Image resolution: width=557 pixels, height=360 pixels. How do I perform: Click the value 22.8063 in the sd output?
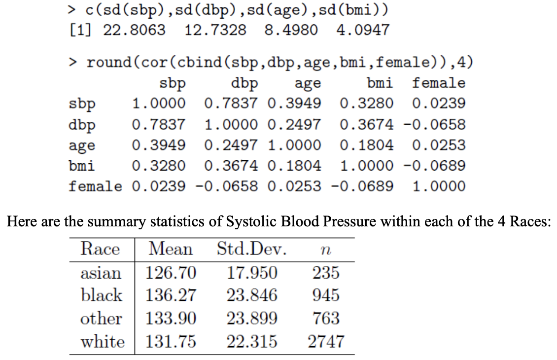point(134,30)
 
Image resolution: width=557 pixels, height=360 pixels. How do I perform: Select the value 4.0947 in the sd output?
point(362,30)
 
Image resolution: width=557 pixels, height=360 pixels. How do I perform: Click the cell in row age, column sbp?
point(159,145)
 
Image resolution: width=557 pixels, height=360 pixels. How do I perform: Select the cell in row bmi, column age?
point(294,166)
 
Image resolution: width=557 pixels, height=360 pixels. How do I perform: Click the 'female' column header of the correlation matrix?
point(438,83)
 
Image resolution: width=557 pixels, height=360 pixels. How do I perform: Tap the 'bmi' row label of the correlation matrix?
point(81,166)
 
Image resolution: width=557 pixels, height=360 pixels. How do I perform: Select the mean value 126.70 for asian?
point(171,272)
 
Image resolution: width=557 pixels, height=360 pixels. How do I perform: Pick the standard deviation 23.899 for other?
point(252,318)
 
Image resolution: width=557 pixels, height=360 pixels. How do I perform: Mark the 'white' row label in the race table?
point(103,341)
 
